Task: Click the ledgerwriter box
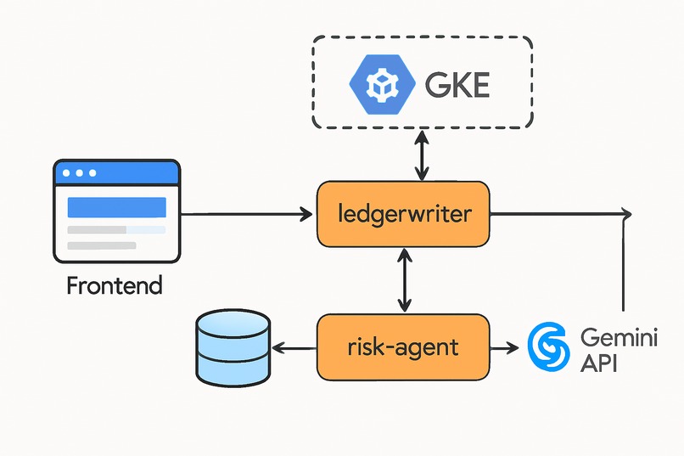click(x=403, y=214)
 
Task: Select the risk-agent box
click(x=403, y=346)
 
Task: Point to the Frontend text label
click(x=114, y=285)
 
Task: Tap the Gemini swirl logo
click(x=547, y=347)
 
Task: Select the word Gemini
click(x=608, y=336)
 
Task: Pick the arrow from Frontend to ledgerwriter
click(x=246, y=214)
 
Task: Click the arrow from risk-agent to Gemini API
click(x=504, y=347)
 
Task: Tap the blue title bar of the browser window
click(x=117, y=172)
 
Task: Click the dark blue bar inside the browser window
click(x=116, y=206)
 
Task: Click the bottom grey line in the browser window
click(x=101, y=245)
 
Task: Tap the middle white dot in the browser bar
click(x=80, y=172)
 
